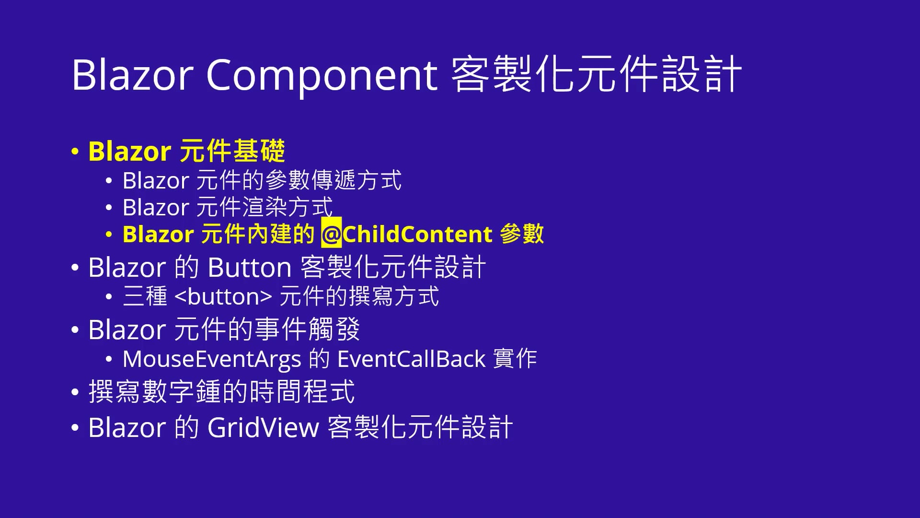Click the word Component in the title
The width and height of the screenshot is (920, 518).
click(322, 75)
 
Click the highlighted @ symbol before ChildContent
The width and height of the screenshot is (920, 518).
click(331, 234)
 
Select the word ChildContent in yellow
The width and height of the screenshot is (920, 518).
click(417, 234)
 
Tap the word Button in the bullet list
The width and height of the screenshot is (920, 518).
click(250, 267)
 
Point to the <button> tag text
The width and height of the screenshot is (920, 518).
click(224, 296)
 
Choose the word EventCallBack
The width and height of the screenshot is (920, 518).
click(412, 359)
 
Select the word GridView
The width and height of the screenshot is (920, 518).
click(263, 427)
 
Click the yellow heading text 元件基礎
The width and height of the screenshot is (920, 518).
click(233, 151)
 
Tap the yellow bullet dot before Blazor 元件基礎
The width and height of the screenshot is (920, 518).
click(75, 152)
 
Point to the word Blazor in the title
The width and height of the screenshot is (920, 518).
click(132, 75)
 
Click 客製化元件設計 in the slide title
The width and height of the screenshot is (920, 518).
click(596, 75)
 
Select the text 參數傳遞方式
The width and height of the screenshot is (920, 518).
click(333, 181)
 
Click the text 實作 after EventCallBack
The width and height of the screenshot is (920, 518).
click(515, 359)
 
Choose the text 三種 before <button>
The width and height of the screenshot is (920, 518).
click(145, 296)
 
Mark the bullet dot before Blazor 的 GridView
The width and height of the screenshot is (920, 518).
click(75, 427)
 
